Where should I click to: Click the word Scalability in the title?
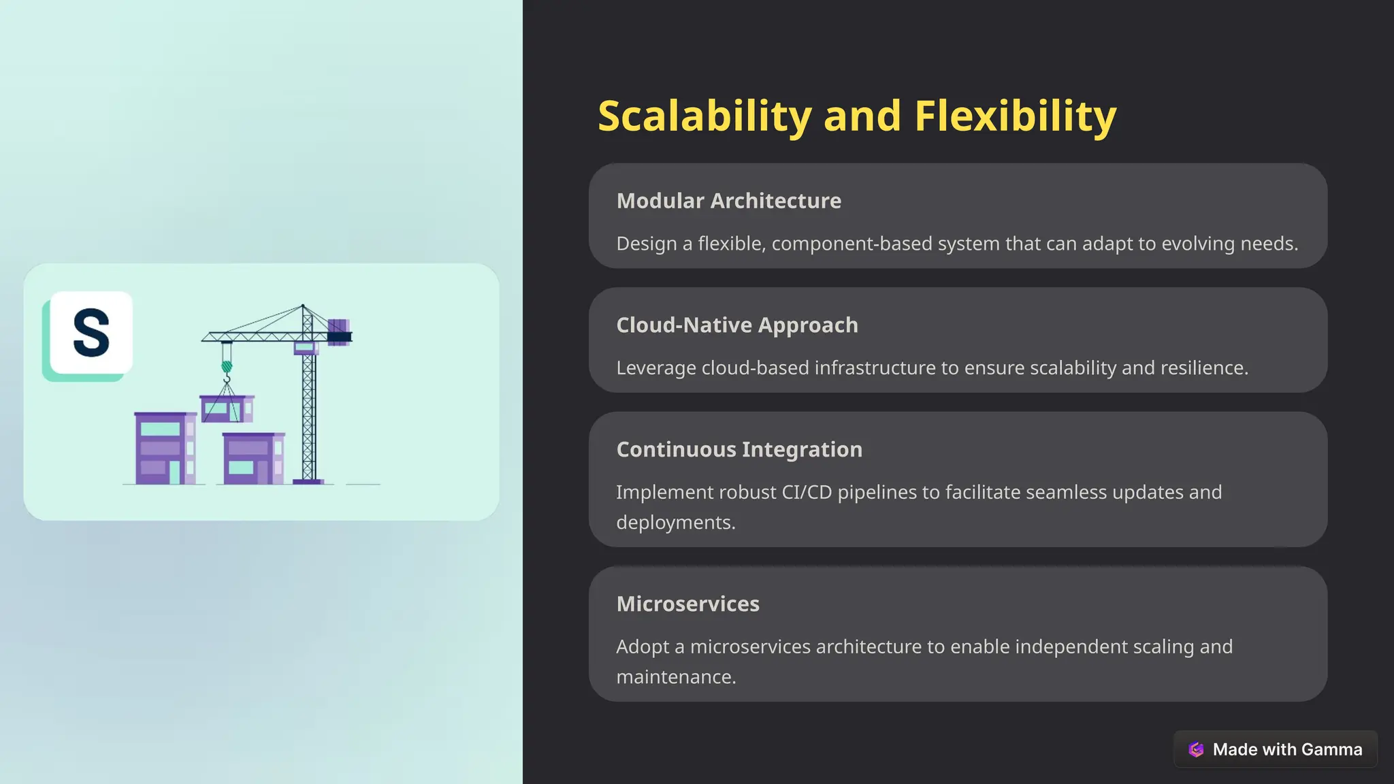[704, 116]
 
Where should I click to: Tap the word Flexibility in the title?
[1015, 116]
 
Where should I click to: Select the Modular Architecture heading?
[728, 201]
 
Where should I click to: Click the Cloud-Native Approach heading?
[736, 325]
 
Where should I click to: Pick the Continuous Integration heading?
[739, 450]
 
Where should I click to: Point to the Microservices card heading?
[687, 604]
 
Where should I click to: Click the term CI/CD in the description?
[807, 492]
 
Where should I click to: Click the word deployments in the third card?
[675, 523]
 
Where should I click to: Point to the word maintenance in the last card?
[675, 677]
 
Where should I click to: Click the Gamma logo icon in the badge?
[1196, 749]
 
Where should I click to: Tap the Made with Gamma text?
[1287, 749]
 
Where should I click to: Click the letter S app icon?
[91, 333]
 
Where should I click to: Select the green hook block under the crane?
[227, 367]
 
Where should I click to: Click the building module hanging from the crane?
[227, 408]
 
